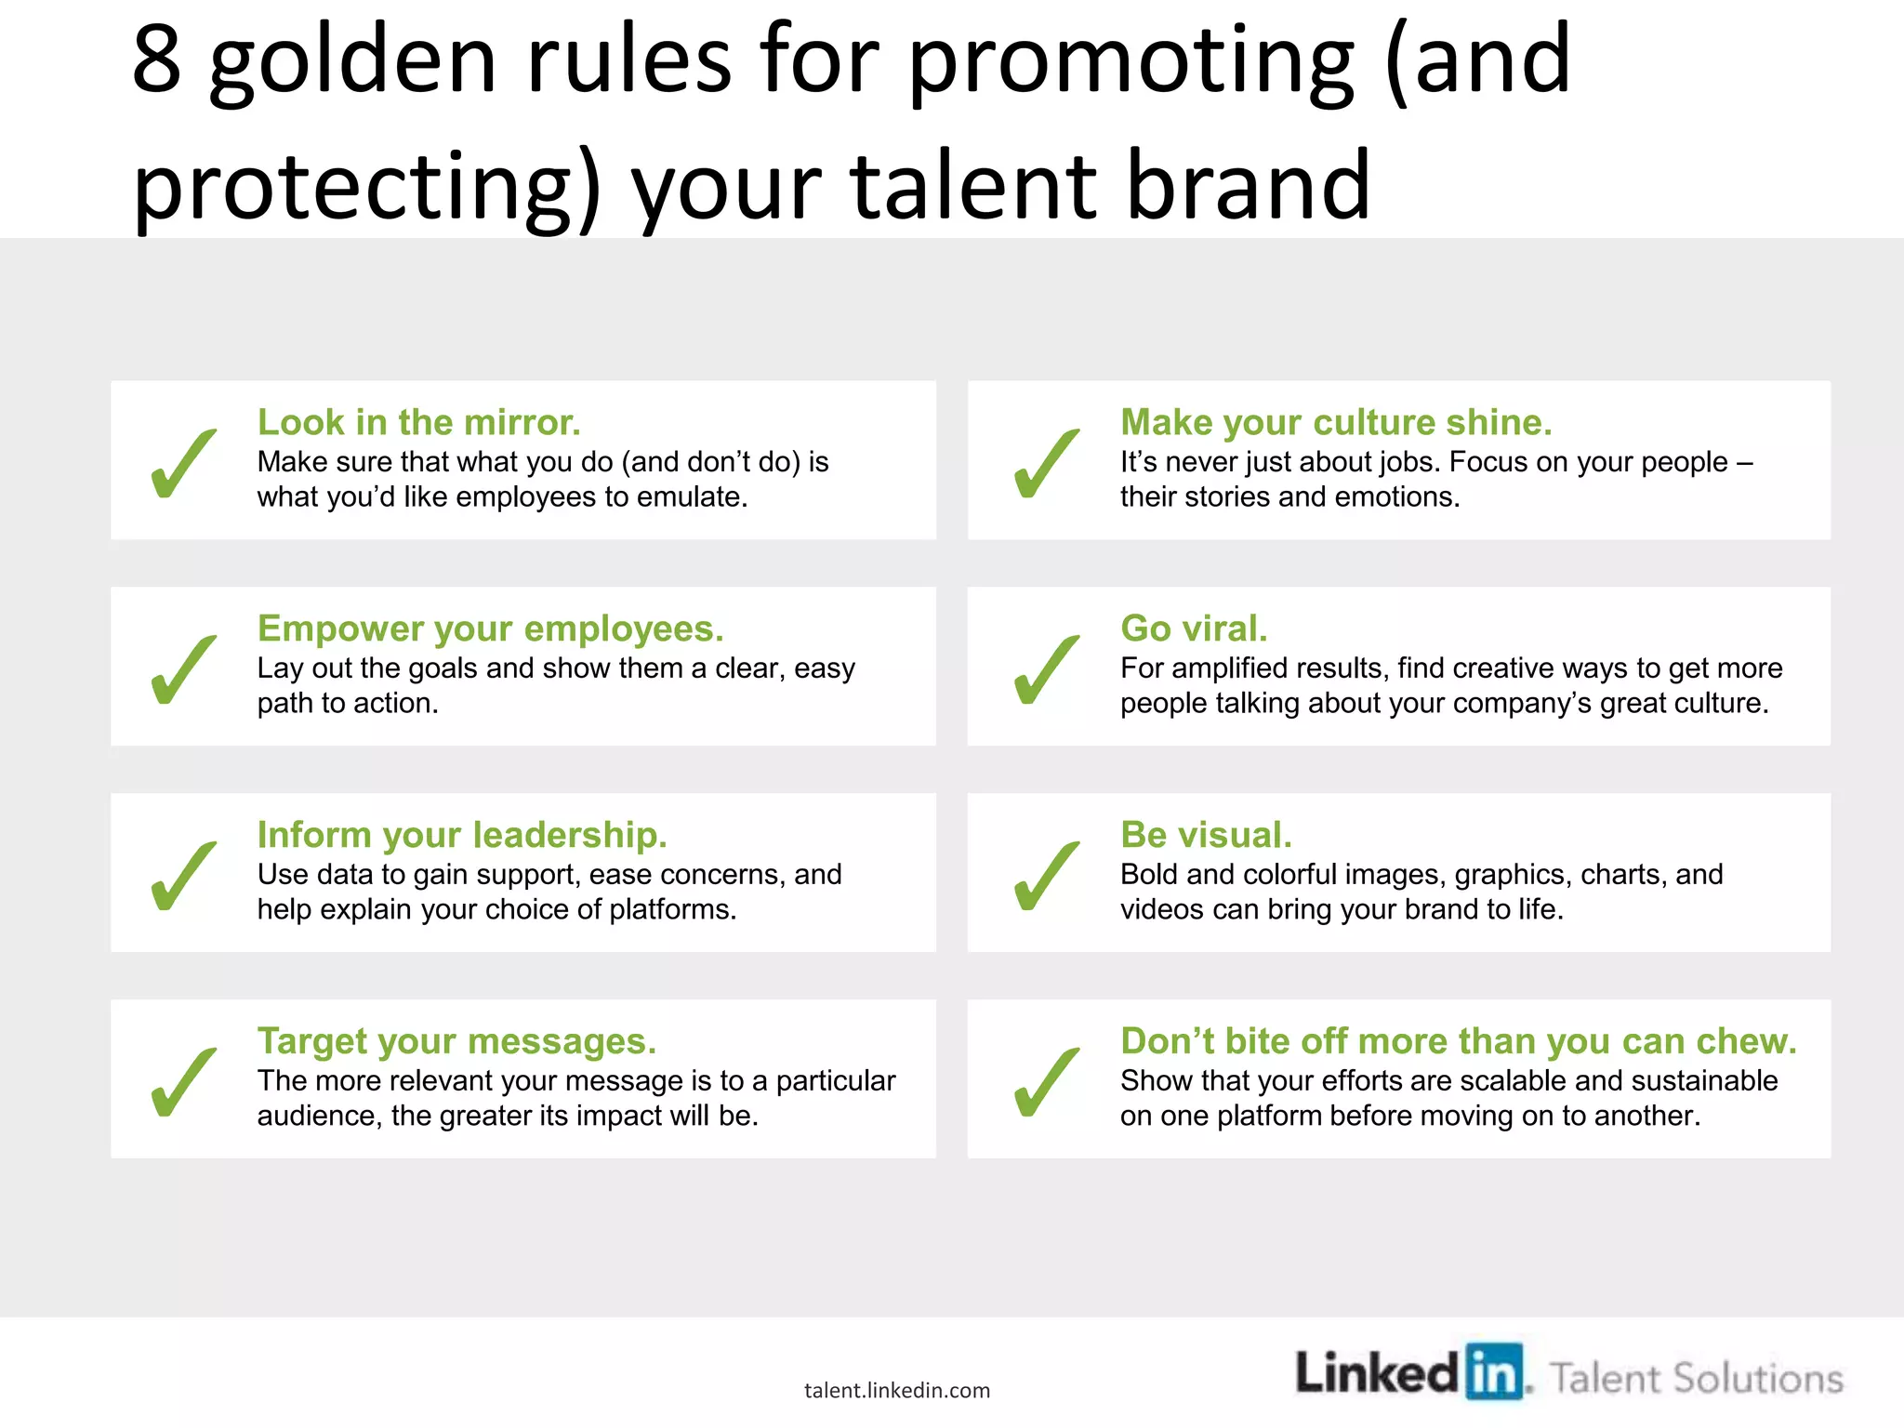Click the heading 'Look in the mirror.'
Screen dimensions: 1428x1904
point(418,423)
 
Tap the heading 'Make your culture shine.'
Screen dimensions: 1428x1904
point(1336,423)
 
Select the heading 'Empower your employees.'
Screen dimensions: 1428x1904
point(490,629)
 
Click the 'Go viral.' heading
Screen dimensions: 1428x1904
point(1194,629)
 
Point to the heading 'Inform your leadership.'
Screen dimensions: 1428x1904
point(462,836)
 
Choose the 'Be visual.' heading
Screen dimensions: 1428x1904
point(1206,836)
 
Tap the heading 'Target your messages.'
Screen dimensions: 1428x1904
point(456,1042)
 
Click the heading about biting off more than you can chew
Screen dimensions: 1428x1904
point(1458,1042)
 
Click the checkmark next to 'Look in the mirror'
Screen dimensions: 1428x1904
point(183,464)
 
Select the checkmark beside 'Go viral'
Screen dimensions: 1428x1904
point(1047,670)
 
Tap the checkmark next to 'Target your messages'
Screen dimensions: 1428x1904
point(183,1083)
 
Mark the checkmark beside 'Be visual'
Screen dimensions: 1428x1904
point(1047,877)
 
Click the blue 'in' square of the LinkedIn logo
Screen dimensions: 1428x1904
point(1494,1372)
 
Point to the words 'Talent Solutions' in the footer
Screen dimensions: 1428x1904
point(1696,1379)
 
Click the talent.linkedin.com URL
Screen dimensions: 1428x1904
point(897,1391)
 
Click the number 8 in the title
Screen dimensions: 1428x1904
point(156,60)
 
